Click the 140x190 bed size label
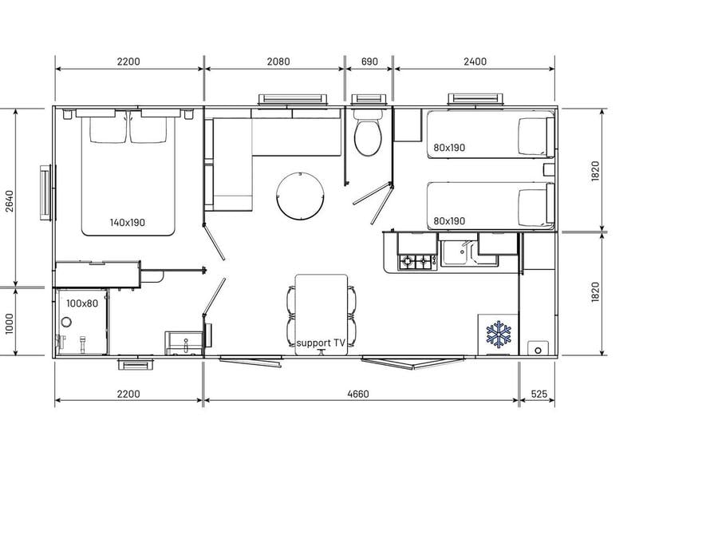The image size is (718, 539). click(x=128, y=223)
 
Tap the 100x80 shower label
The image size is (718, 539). click(x=82, y=303)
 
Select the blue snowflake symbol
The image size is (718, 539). click(x=498, y=334)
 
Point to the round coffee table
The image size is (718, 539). click(x=301, y=195)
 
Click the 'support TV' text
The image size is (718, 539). click(x=321, y=343)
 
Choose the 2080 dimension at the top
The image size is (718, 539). click(x=278, y=61)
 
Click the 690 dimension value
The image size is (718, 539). click(x=369, y=61)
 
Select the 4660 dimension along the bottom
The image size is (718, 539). click(x=358, y=394)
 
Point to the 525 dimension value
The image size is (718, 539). click(x=539, y=394)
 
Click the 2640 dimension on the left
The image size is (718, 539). click(x=10, y=201)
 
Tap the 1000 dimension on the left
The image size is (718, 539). click(x=10, y=323)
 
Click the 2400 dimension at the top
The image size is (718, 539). click(x=475, y=61)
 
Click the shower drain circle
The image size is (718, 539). click(x=66, y=322)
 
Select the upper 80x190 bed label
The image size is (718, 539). click(x=448, y=148)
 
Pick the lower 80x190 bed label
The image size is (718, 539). click(x=448, y=221)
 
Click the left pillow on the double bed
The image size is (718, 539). click(x=108, y=129)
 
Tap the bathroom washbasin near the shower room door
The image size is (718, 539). click(x=183, y=343)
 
